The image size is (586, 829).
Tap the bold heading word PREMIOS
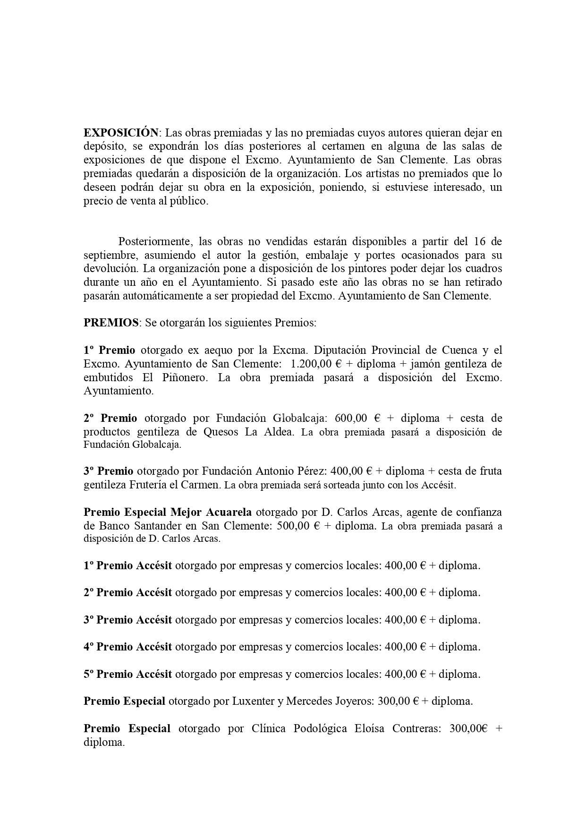(111, 323)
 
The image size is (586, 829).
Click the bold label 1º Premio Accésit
(127, 565)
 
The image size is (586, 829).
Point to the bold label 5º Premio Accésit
(127, 674)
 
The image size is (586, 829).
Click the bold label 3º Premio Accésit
(127, 620)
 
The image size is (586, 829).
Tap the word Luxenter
(253, 701)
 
